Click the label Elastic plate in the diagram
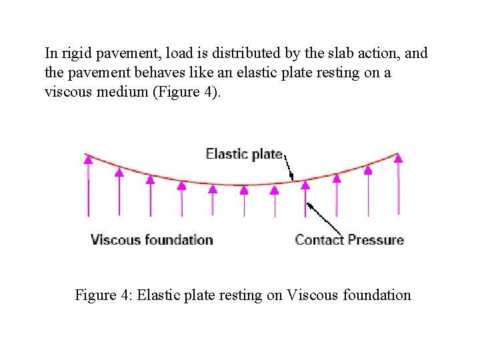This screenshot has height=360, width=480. coord(244,154)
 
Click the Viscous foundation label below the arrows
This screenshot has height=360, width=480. coord(152,239)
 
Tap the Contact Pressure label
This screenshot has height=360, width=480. coord(349,239)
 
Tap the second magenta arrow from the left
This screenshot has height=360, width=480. coord(119,193)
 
